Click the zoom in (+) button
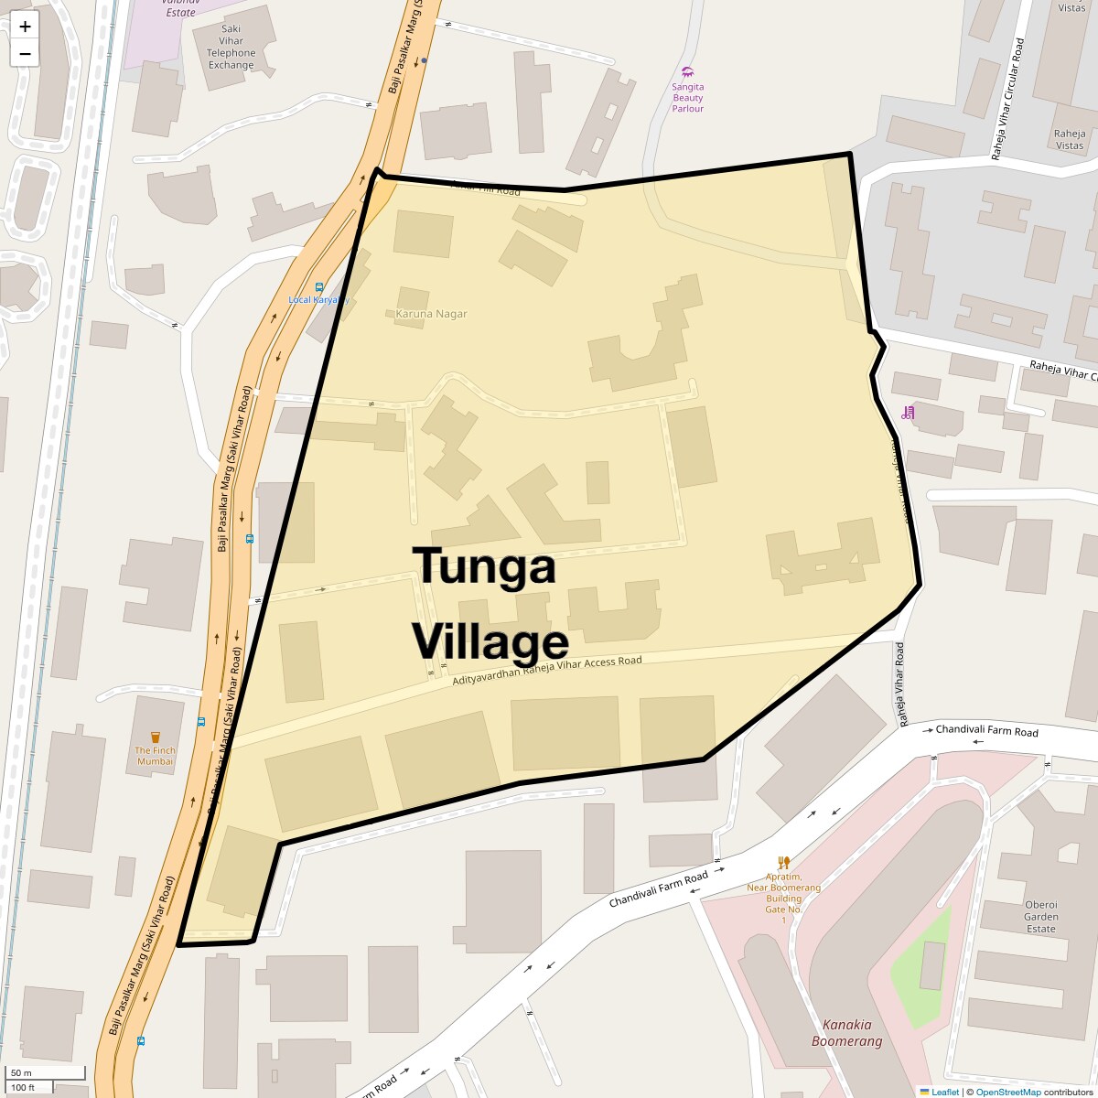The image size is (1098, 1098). [x=25, y=27]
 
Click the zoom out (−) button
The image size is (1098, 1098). [x=25, y=53]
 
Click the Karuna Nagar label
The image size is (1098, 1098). [x=431, y=314]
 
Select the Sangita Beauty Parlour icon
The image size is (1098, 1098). [x=688, y=71]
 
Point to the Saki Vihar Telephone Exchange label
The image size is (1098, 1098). [x=231, y=47]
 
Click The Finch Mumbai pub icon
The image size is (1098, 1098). [x=155, y=737]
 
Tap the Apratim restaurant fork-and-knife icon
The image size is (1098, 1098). [x=783, y=862]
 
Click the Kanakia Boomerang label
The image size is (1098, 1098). [x=847, y=1033]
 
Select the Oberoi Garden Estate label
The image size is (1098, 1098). [x=1041, y=917]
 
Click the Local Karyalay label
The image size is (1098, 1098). [x=318, y=299]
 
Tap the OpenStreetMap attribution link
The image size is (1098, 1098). [x=1008, y=1092]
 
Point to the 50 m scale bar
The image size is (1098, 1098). [x=34, y=1072]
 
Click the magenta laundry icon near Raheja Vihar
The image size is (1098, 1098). [x=908, y=413]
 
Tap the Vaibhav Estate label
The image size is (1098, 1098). [x=180, y=9]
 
